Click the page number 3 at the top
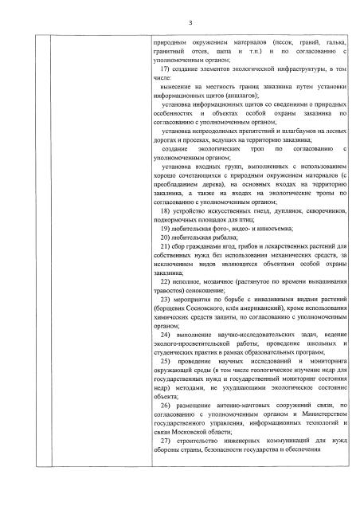point(181,22)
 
